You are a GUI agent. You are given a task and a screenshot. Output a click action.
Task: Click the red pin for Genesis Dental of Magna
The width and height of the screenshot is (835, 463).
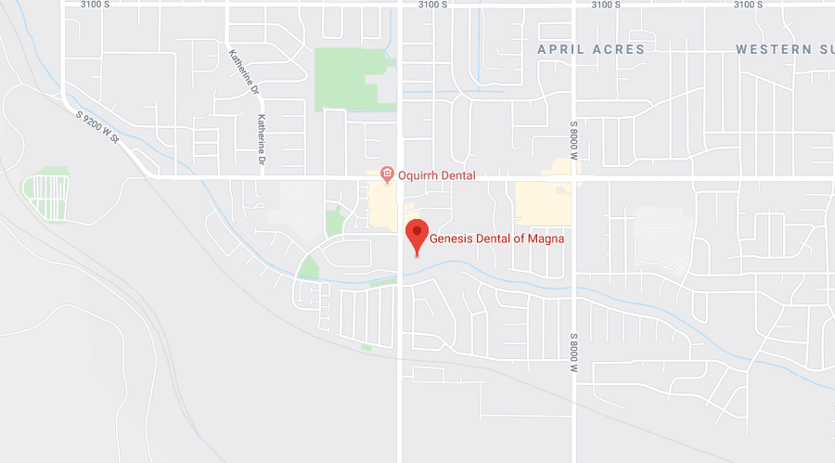pos(417,233)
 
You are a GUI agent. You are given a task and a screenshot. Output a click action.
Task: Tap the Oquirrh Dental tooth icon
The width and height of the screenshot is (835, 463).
pos(387,174)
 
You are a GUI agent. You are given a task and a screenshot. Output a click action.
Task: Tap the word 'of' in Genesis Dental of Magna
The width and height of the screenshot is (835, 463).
pos(520,238)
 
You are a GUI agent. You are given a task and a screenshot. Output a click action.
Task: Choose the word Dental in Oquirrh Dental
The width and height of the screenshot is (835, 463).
pos(458,175)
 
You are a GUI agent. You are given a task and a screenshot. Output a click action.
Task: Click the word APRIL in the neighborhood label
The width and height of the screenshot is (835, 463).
pos(561,49)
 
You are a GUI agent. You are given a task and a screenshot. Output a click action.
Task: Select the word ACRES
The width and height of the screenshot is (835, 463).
pos(617,49)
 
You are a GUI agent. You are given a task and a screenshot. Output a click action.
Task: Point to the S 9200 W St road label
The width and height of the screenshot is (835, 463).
pos(99,125)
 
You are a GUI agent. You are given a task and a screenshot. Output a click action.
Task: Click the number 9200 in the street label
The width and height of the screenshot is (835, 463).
pos(98,124)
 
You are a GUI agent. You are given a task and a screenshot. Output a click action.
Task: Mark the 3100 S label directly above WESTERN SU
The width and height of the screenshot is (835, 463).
pos(748,6)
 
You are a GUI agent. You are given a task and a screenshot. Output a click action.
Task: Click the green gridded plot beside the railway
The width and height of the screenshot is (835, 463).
pos(45,197)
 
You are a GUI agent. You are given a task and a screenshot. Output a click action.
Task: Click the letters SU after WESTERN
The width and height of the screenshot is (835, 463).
pos(824,49)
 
